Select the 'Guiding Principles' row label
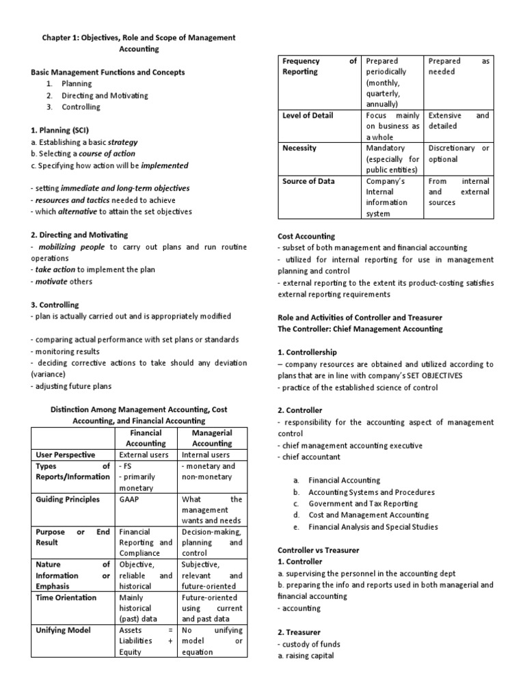64,499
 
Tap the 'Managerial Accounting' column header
212,438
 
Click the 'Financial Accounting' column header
146,438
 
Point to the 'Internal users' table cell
206,455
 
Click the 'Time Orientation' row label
62,597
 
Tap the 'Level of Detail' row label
308,116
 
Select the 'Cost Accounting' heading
306,236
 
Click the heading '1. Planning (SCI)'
62,129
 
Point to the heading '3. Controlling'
55,304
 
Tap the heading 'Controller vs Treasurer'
318,550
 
